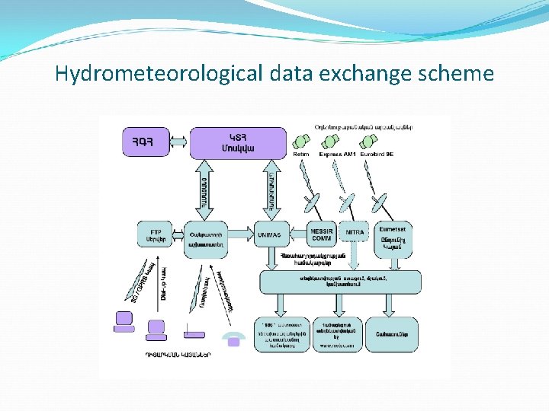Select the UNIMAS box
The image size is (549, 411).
click(269, 234)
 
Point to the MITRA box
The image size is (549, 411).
click(355, 232)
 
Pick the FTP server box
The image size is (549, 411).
click(155, 234)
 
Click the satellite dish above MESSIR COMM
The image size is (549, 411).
click(311, 203)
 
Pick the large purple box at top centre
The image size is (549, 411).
click(238, 142)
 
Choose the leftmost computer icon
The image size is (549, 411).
click(124, 323)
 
